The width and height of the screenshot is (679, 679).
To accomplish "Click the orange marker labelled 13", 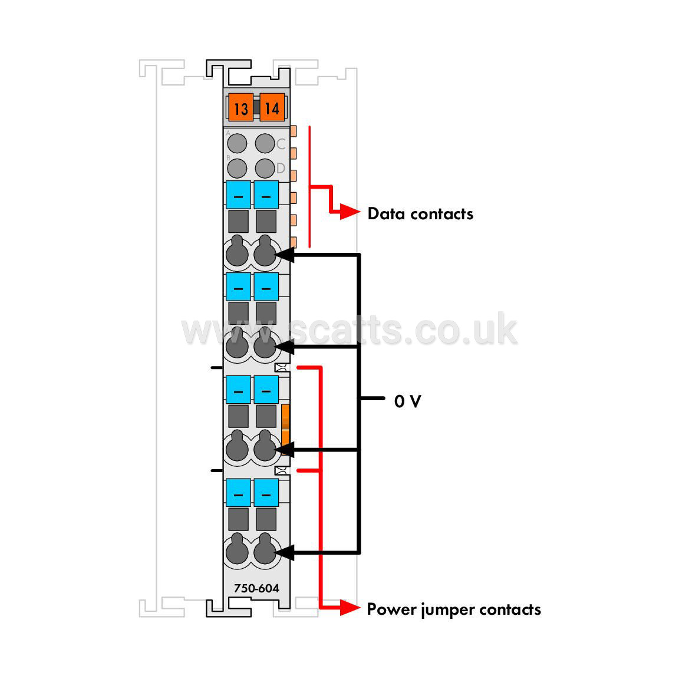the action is (240, 107).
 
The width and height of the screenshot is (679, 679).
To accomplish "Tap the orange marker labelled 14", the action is (272, 107).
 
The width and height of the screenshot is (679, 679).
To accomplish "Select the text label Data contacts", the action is (420, 213).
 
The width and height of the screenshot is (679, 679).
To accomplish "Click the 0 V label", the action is (407, 401).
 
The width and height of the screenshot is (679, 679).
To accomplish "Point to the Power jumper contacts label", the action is (454, 609).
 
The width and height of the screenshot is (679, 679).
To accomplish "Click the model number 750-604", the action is (256, 588).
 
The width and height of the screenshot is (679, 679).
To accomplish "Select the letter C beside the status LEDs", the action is (281, 144).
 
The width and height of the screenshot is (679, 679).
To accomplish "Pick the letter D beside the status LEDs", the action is (281, 168).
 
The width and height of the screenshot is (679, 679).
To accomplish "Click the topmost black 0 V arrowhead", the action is (285, 255).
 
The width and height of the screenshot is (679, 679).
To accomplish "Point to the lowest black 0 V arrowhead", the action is (285, 552).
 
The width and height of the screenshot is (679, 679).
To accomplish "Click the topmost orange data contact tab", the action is (294, 131).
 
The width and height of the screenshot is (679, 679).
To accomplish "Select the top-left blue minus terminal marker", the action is (238, 195).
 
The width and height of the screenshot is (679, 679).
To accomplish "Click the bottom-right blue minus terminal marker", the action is (266, 493).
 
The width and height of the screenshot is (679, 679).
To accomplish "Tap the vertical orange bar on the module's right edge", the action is (285, 429).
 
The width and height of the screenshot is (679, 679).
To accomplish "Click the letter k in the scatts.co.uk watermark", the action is (505, 328).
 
